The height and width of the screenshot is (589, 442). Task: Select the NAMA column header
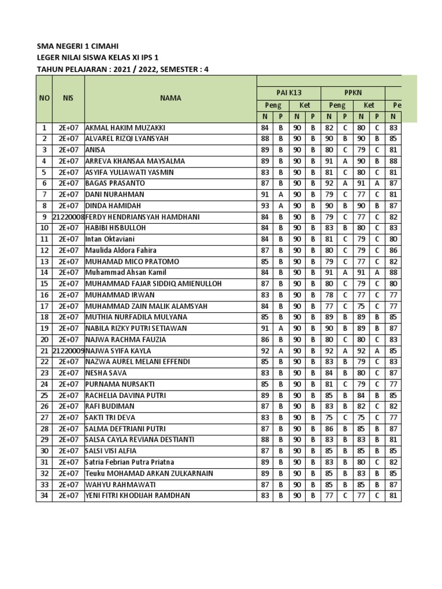pyautogui.click(x=170, y=98)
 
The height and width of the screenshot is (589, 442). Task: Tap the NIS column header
pyautogui.click(x=68, y=98)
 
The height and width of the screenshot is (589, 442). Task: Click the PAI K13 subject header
pyautogui.click(x=288, y=91)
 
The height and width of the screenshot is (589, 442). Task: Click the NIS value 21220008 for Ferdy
pyautogui.click(x=68, y=217)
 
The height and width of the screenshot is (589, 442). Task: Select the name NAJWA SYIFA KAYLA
pyautogui.click(x=118, y=350)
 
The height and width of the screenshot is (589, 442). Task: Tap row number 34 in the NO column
pyautogui.click(x=44, y=495)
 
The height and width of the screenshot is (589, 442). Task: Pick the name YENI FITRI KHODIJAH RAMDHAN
pyautogui.click(x=138, y=495)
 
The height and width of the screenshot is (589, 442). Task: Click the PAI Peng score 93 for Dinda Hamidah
pyautogui.click(x=265, y=205)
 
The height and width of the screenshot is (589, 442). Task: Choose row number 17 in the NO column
pyautogui.click(x=44, y=306)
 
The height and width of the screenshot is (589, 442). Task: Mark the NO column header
pyautogui.click(x=44, y=98)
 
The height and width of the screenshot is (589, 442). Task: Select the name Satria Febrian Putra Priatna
pyautogui.click(x=129, y=462)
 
